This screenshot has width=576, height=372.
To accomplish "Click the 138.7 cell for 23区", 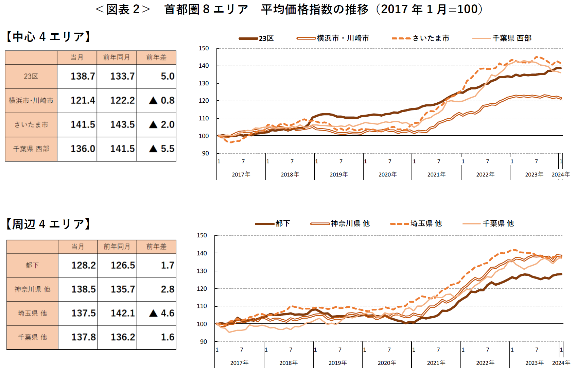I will coord(83,76).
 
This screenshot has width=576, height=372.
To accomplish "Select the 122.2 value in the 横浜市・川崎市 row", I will coord(122,100).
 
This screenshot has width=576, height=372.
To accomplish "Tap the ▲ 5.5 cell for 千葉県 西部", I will coord(162,149).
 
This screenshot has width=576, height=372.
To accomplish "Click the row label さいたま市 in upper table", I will coord(31,124).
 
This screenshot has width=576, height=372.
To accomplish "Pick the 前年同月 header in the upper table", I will coord(117,57).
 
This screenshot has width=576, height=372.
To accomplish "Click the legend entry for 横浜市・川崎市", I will coord(333,38).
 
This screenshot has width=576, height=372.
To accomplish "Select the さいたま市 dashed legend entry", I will coord(421,38).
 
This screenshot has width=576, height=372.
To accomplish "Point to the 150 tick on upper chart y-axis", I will coord(204,48).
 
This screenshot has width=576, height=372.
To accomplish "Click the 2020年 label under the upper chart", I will coord(387,174).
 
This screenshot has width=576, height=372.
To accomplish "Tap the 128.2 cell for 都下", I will coord(83,265).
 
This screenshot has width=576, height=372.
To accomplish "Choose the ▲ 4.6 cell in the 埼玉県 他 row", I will coord(162,313).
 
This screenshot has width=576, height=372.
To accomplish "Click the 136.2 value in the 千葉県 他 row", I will coord(123,337).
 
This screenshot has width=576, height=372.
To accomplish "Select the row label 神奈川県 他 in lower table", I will coord(32,289).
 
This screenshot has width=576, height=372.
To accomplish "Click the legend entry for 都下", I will coord(273,223).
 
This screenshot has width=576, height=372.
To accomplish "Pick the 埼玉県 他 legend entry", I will coord(416,223).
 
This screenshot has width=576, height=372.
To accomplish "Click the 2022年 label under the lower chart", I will coord(485,363).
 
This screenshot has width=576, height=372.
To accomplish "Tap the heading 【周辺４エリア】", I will coord(48,224).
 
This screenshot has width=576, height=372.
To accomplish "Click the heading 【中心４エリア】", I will coord(48,37).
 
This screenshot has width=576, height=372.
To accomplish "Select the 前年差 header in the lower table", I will coord(156,247).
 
